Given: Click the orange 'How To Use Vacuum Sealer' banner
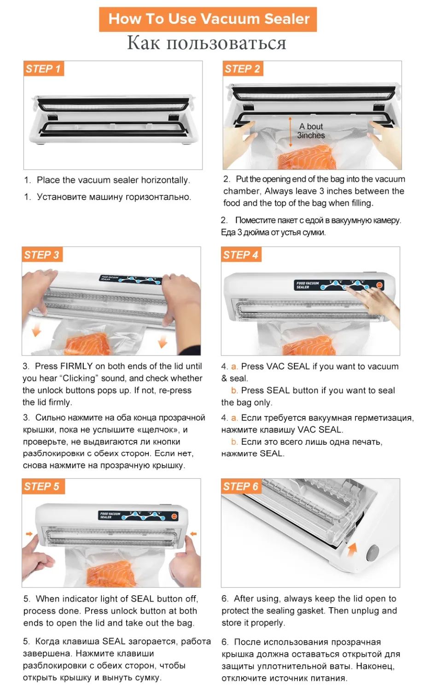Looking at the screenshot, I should click(208, 19).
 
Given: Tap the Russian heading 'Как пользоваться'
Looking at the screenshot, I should click(207, 43).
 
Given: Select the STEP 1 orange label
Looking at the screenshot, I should click(43, 69).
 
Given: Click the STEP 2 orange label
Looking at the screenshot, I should click(242, 69).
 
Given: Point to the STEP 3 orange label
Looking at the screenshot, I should click(41, 255).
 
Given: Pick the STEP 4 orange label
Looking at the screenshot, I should click(240, 255).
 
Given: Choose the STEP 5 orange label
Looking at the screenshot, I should click(41, 487).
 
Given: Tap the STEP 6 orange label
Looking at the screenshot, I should click(240, 487).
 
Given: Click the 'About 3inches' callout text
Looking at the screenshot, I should click(311, 131).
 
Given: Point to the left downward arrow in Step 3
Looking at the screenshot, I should click(36, 330).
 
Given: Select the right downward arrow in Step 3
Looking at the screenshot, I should click(163, 341).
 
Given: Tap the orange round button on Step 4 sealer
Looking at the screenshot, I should click(379, 285).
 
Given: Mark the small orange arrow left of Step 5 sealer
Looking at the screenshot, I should click(29, 534).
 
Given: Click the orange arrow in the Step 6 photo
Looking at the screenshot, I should click(352, 548).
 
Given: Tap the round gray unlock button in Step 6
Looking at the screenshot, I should click(372, 553).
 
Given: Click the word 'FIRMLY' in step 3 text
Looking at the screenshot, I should click(76, 366).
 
